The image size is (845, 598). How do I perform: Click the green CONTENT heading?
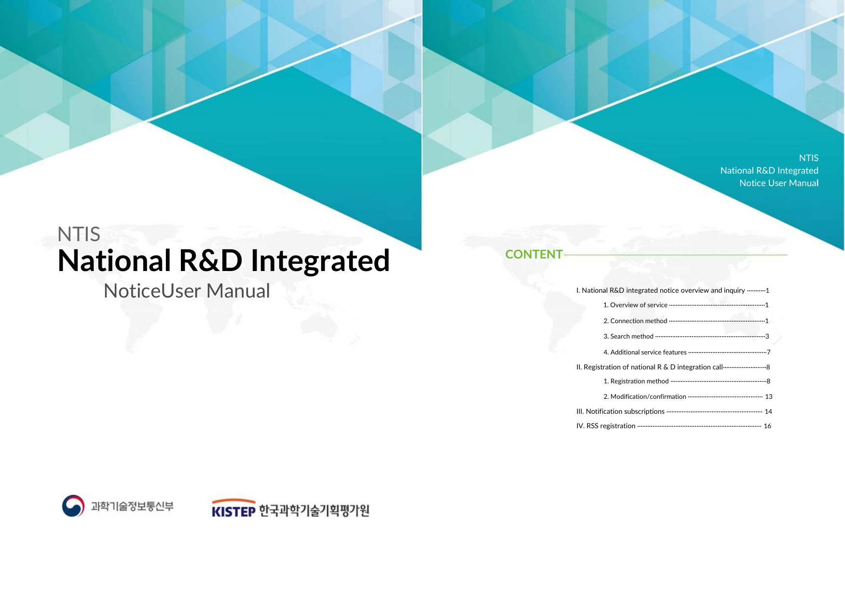coord(534,254)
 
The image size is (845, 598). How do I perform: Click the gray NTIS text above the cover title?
coord(79,234)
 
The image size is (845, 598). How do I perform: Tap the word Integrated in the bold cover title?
coord(320,261)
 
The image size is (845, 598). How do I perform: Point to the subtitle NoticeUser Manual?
coord(187,291)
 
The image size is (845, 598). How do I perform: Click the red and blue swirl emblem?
coord(73,506)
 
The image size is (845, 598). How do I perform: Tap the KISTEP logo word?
coord(233,511)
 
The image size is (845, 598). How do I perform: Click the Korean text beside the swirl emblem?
coord(132,506)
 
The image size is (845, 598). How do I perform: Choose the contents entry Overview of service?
coord(635,305)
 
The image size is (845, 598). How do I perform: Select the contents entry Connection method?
coord(635,321)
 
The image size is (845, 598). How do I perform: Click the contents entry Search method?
coord(628,336)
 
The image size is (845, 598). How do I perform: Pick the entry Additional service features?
coord(645,352)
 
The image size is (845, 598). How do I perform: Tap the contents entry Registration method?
coord(636,381)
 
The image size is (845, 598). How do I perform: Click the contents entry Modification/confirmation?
coord(645,396)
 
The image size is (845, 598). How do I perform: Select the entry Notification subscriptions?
coord(620,411)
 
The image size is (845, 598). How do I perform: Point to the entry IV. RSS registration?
coord(606,426)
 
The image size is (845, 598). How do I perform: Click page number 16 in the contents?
coord(767,426)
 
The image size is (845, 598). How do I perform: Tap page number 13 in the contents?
coord(769,396)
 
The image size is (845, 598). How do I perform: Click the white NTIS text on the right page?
coord(808,158)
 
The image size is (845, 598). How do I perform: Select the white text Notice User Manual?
coord(779,183)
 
